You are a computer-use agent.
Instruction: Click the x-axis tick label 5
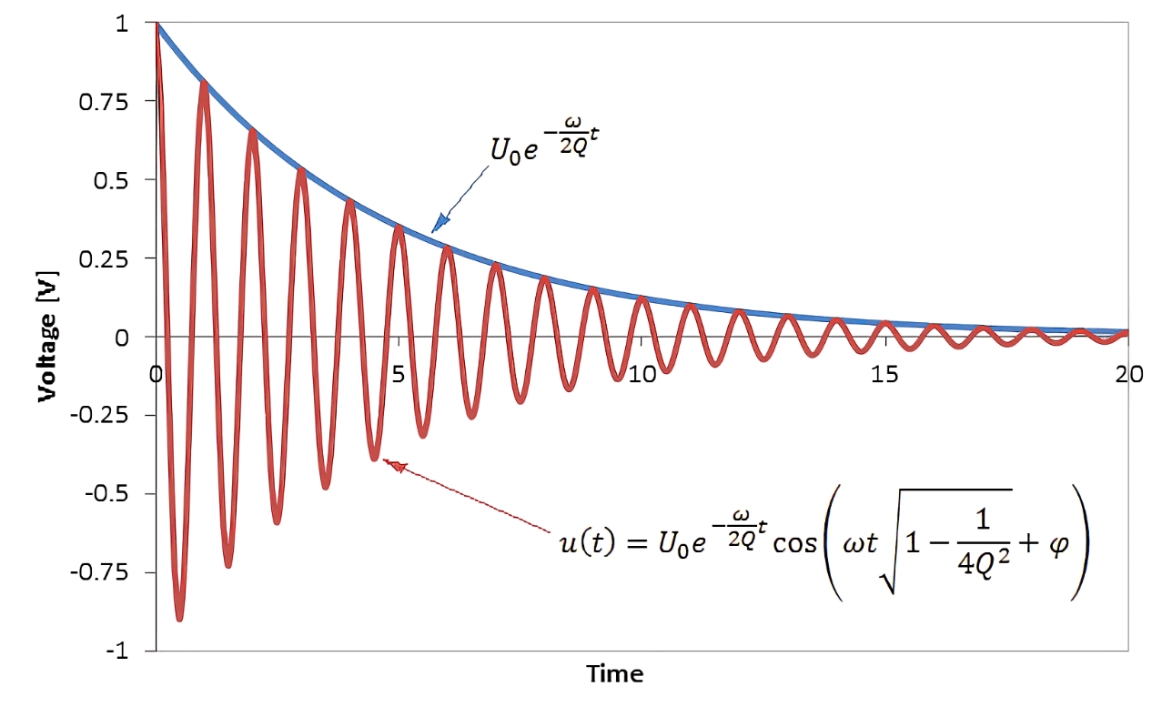[399, 375]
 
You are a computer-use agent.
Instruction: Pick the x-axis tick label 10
[642, 375]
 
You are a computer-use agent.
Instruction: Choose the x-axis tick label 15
[884, 375]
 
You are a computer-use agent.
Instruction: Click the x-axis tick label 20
[1127, 375]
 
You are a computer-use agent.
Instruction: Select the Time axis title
[615, 674]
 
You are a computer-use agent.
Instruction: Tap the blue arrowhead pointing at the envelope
[439, 222]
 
